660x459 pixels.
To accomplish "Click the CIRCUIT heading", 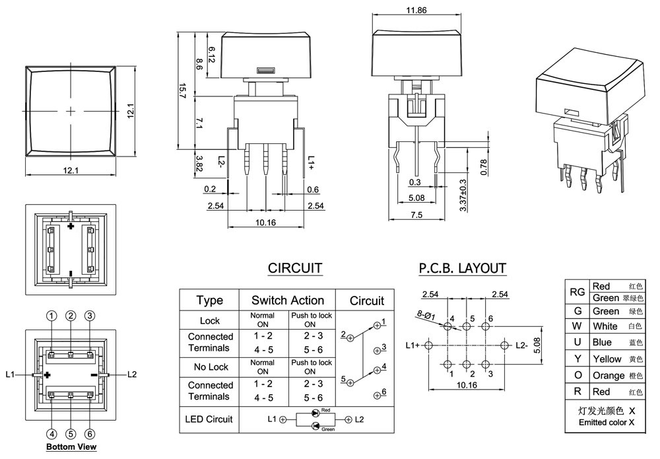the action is (x=294, y=268).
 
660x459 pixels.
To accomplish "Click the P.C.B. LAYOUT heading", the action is (x=462, y=268).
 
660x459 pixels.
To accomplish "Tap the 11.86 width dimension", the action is (x=416, y=10).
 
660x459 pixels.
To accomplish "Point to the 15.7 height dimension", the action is (x=182, y=90).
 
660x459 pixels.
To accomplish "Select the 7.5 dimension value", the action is (x=416, y=215).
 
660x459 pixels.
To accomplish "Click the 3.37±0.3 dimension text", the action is (x=463, y=195).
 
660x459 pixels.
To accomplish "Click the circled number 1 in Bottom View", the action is (x=51, y=316).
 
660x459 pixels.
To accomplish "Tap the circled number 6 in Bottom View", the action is (x=89, y=434).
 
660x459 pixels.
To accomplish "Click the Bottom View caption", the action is (x=71, y=447).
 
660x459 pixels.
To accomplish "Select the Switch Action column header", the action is (x=288, y=300).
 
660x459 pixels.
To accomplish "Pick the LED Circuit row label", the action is (x=209, y=419).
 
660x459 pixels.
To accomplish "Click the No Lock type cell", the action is (x=211, y=367).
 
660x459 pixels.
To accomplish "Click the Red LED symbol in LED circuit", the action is (x=315, y=413).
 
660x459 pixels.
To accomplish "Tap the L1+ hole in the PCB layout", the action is (x=428, y=345).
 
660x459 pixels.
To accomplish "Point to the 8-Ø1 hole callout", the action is (x=426, y=314).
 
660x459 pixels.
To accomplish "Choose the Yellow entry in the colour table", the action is (x=607, y=359).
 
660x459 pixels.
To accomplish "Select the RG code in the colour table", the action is (x=577, y=292).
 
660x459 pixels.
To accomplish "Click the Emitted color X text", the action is (x=607, y=423).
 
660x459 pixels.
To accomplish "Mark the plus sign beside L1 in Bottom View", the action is (x=48, y=374).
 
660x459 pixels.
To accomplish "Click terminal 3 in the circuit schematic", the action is (x=378, y=349).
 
